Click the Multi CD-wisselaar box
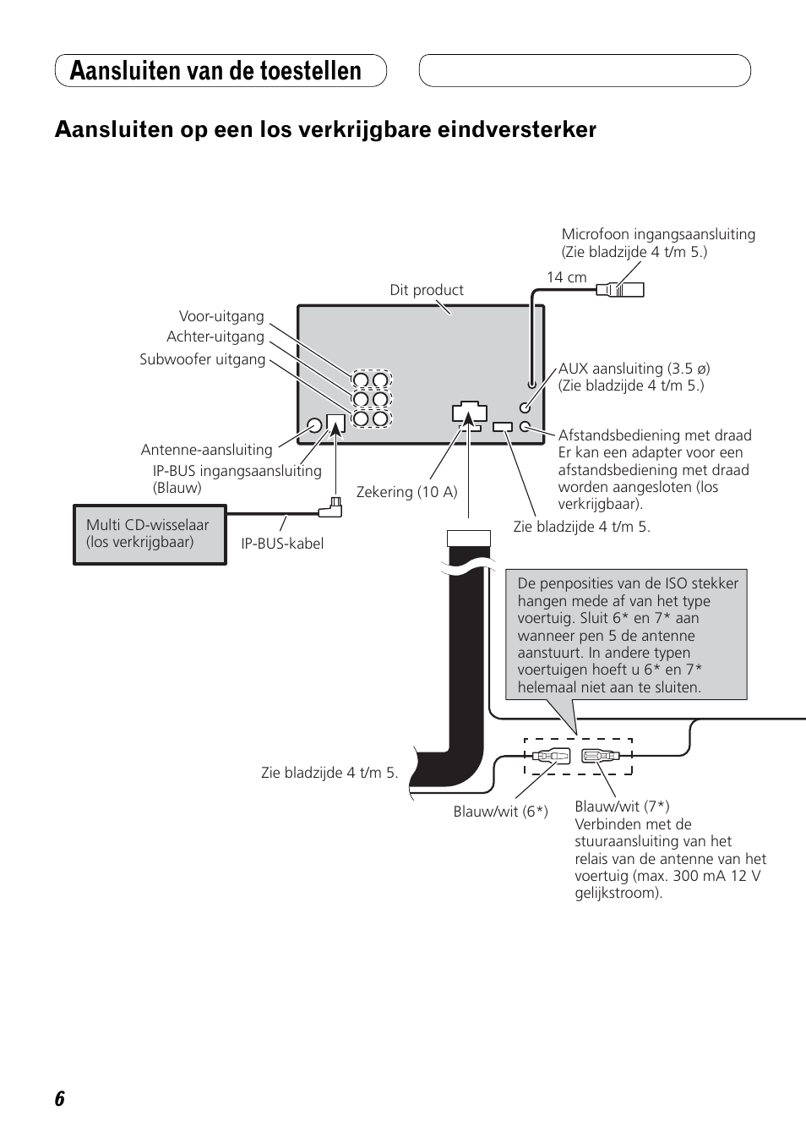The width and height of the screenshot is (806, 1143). point(150,535)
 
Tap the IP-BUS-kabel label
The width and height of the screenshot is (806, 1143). point(282,544)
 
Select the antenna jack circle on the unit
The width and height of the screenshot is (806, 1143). point(314,425)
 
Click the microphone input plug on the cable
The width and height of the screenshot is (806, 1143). point(620,290)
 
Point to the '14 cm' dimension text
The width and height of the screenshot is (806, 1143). point(566,277)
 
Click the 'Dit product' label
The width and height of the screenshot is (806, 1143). point(427,290)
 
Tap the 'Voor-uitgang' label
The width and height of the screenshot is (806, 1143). point(221,316)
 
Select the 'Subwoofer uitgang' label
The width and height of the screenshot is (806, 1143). point(203,359)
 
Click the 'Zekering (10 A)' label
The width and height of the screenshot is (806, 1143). point(407,492)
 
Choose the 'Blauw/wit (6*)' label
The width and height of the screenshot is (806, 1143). point(501,812)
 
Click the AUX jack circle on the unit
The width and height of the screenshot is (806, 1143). point(525,407)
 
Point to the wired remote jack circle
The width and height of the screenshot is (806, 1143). point(525,426)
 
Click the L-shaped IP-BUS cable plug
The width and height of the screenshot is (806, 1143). point(331,508)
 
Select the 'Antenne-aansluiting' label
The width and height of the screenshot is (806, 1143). point(206,450)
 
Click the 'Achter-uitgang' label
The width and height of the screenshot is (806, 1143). point(215,336)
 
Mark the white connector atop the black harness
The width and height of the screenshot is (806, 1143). point(469,539)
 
